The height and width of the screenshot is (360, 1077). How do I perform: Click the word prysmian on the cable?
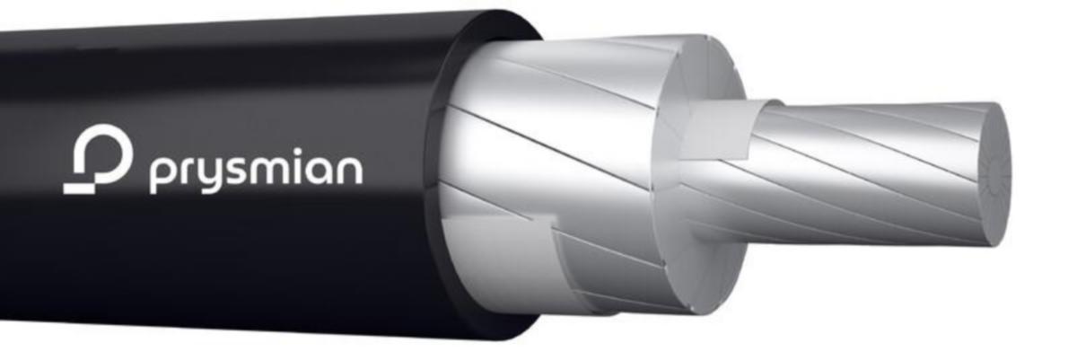pyautogui.click(x=256, y=171)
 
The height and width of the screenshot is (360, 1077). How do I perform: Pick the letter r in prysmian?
pyautogui.click(x=187, y=171)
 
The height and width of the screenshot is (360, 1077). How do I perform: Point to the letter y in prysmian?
pyautogui.click(x=211, y=175)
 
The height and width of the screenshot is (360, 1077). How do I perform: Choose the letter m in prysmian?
pyautogui.click(x=275, y=171)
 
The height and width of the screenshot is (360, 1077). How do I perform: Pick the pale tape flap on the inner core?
pyautogui.click(x=718, y=135)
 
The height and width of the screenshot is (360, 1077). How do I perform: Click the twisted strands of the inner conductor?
pyautogui.click(x=862, y=171)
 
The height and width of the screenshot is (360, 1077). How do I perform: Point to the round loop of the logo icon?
pyautogui.click(x=104, y=154)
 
